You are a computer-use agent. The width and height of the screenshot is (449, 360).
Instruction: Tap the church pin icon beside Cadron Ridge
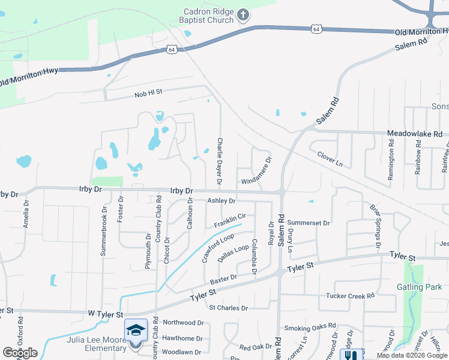click(x=243, y=14)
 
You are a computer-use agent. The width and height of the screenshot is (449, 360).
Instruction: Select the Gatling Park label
click(x=419, y=287)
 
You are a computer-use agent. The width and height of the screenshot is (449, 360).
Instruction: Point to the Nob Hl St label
click(x=149, y=93)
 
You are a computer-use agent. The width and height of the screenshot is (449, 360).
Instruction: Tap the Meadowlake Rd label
click(x=415, y=134)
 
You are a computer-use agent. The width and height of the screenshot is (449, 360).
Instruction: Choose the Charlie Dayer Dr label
click(x=220, y=160)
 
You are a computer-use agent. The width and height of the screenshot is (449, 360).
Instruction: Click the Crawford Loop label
click(x=218, y=248)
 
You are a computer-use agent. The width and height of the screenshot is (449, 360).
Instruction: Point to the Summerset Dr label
click(x=309, y=223)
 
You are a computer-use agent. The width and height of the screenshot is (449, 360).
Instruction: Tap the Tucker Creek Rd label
click(x=350, y=296)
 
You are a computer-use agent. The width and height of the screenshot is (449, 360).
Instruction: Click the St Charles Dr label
click(x=228, y=308)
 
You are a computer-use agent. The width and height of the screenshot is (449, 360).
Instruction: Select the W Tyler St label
click(x=106, y=314)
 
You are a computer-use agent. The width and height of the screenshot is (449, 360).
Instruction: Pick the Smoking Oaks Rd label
click(x=310, y=327)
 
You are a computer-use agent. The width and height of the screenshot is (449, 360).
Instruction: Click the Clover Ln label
click(x=330, y=160)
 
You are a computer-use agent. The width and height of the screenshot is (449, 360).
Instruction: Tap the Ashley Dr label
click(x=221, y=201)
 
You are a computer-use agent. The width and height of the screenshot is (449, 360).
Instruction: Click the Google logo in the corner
click(x=20, y=353)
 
